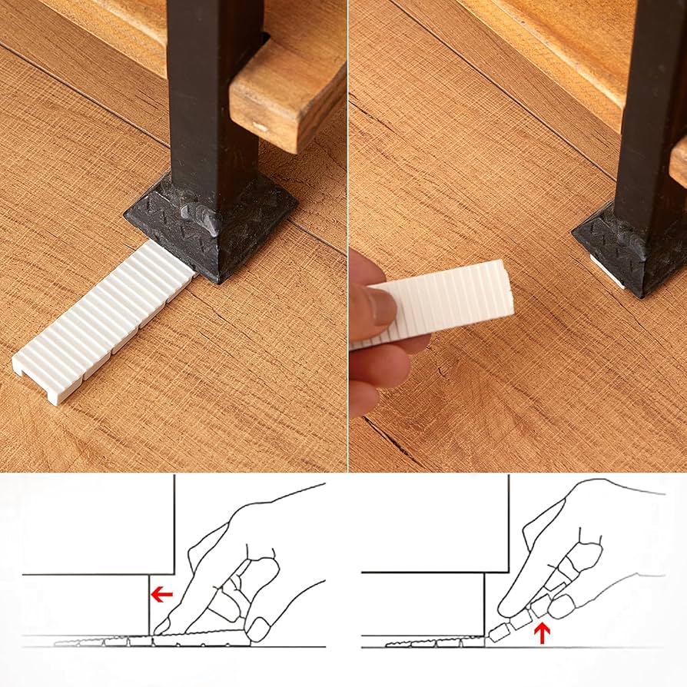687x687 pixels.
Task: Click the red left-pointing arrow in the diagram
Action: pos(161,593)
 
